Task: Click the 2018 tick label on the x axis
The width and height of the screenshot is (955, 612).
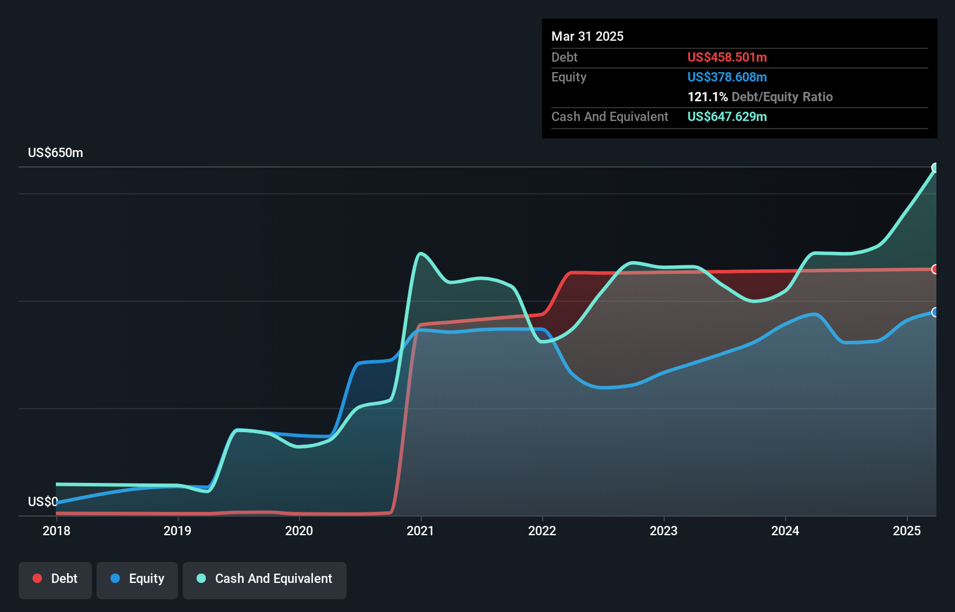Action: coord(56,531)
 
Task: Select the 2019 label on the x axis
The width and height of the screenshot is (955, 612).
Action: coord(177,531)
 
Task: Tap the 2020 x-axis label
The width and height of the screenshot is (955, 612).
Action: coord(299,531)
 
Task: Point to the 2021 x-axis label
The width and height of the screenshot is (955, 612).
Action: coord(421,531)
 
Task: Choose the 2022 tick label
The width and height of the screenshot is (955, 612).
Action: coord(542,531)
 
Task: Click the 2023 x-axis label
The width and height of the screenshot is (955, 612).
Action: coord(664,531)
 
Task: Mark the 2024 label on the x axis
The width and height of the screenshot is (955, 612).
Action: coord(785,531)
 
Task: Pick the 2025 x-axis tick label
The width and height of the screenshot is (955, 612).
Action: coord(907,531)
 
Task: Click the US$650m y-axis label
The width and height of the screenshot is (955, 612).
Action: coord(55,153)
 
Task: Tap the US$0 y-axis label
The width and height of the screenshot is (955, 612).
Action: coord(42,501)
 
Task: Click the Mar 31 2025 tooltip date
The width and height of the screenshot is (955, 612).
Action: coord(587,36)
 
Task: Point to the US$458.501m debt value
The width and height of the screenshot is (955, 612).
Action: coord(727,57)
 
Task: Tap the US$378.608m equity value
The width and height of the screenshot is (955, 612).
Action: coord(727,77)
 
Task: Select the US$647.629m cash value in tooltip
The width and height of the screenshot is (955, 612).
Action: coord(727,116)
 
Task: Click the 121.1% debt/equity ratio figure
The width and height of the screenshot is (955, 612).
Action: coord(707,97)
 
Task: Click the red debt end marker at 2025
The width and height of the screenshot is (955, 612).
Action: coord(935,269)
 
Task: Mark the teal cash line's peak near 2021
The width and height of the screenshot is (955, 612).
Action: coord(421,254)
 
